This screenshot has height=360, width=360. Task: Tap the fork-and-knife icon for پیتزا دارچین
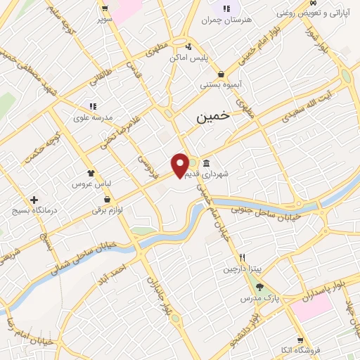coord(242,257)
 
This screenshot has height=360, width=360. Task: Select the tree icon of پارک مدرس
coord(259,287)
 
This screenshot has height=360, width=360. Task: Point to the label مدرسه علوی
coord(90,117)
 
